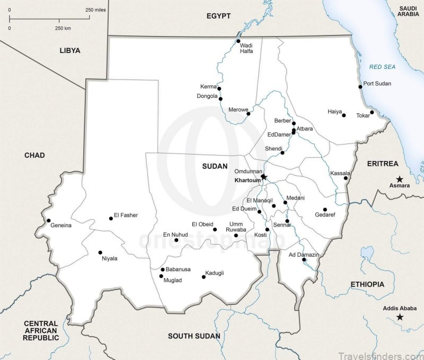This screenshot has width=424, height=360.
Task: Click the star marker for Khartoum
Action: pyautogui.click(x=264, y=177)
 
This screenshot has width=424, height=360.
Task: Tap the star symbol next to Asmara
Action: pyautogui.click(x=400, y=178)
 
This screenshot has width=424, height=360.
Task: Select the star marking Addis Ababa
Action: pyautogui.click(x=400, y=317)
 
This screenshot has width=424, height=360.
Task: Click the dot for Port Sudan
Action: pyautogui.click(x=360, y=86)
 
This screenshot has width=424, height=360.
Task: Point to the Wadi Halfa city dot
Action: pyautogui.click(x=238, y=41)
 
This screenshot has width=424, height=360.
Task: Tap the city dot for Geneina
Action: pyautogui.click(x=48, y=221)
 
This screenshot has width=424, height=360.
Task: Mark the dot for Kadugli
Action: pyautogui.click(x=204, y=276)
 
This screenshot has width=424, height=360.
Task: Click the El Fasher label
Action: pyautogui.click(x=126, y=215)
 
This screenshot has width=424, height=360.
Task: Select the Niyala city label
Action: pyautogui.click(x=110, y=258)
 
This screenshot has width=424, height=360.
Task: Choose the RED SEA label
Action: pyautogui.click(x=383, y=67)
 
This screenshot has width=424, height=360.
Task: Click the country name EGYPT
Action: pyautogui.click(x=218, y=16)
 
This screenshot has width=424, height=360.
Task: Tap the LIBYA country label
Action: pyautogui.click(x=70, y=51)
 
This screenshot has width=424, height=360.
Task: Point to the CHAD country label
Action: pyautogui.click(x=34, y=155)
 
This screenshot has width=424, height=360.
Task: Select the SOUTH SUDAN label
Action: pyautogui.click(x=193, y=336)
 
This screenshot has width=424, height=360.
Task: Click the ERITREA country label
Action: pyautogui.click(x=382, y=164)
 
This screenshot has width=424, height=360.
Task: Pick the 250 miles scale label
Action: pyautogui.click(x=95, y=10)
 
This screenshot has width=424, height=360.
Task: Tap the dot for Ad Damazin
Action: pyautogui.click(x=303, y=261)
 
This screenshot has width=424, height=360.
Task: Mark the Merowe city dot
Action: pyautogui.click(x=248, y=113)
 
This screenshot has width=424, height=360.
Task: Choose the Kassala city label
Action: pyautogui.click(x=340, y=173)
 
